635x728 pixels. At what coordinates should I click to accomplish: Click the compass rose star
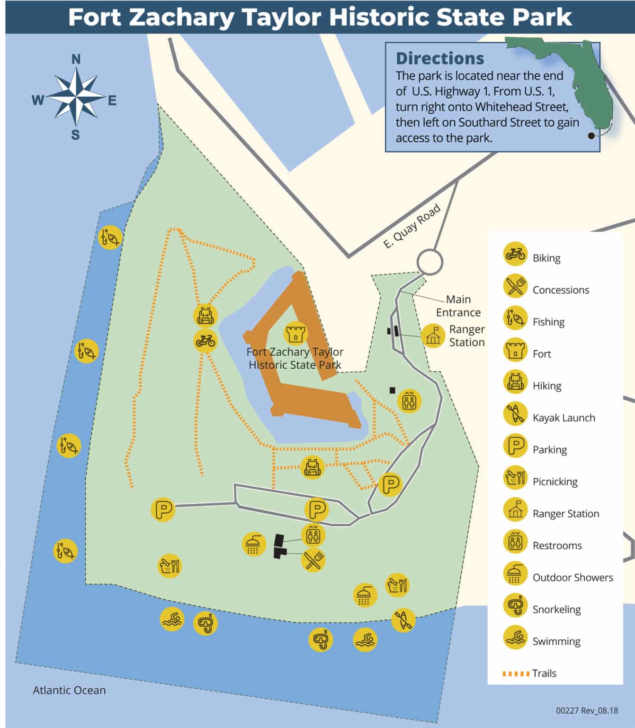click(76, 97)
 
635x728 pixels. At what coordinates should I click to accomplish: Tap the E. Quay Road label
click(411, 226)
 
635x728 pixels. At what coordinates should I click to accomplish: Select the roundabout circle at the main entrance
click(429, 262)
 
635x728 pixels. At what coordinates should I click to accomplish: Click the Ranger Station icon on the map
click(433, 336)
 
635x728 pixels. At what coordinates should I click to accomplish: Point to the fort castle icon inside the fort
click(295, 333)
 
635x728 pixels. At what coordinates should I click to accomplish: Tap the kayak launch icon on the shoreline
click(403, 619)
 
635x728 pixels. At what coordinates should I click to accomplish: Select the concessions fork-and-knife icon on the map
click(313, 560)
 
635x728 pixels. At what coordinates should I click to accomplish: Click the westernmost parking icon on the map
click(163, 510)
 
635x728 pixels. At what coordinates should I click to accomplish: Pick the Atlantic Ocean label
click(69, 690)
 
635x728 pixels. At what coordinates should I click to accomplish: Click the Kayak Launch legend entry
click(563, 418)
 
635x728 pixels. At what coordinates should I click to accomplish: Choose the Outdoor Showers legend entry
click(572, 577)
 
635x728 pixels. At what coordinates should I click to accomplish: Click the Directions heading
click(440, 59)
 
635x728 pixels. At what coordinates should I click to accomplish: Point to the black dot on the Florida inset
click(591, 136)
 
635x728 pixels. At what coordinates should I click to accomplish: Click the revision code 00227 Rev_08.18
click(587, 710)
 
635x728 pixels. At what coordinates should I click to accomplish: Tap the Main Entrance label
click(458, 306)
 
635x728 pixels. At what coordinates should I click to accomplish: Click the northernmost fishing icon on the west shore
click(110, 237)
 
